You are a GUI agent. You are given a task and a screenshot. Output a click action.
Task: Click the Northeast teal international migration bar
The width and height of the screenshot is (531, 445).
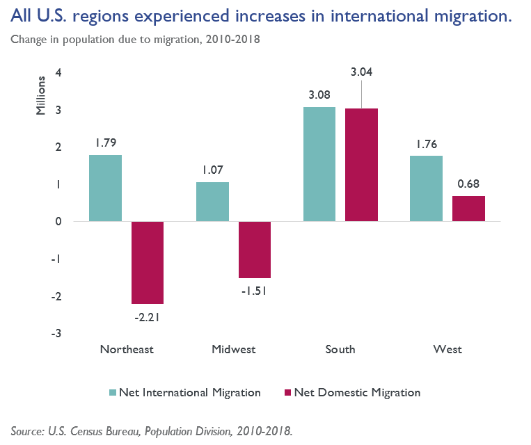tap(105, 188)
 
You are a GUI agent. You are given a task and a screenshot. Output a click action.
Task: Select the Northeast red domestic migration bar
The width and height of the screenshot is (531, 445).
tap(148, 263)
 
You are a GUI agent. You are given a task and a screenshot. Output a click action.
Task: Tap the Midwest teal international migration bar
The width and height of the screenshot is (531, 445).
tap(212, 202)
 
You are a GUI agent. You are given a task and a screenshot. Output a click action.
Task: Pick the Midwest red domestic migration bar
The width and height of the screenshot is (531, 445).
tap(255, 250)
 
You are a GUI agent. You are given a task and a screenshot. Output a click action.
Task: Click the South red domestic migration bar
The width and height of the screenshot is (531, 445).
tap(361, 165)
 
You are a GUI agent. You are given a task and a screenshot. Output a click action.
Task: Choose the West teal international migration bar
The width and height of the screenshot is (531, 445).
tap(426, 188)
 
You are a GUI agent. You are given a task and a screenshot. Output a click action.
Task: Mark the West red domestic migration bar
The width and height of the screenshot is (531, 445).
tap(468, 209)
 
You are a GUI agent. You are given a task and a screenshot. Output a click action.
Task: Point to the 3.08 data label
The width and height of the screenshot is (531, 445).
tap(319, 95)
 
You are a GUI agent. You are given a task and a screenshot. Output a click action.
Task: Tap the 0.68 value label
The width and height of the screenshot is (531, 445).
tap(468, 184)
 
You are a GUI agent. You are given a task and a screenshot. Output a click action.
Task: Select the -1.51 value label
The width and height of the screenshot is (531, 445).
tap(255, 291)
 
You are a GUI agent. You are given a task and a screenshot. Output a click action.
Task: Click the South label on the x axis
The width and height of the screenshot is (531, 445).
tap(340, 349)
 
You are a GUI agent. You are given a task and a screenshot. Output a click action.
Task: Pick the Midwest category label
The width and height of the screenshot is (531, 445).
tap(233, 349)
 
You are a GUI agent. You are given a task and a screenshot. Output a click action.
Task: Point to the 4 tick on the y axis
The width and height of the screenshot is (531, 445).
tap(59, 73)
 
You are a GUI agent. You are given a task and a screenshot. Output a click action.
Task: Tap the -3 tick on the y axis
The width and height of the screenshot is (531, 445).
tap(57, 334)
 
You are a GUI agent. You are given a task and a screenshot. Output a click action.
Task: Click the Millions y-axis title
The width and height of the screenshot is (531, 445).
tap(41, 98)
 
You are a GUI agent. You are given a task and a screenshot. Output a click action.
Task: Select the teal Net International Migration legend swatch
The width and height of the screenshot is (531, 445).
tap(111, 393)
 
